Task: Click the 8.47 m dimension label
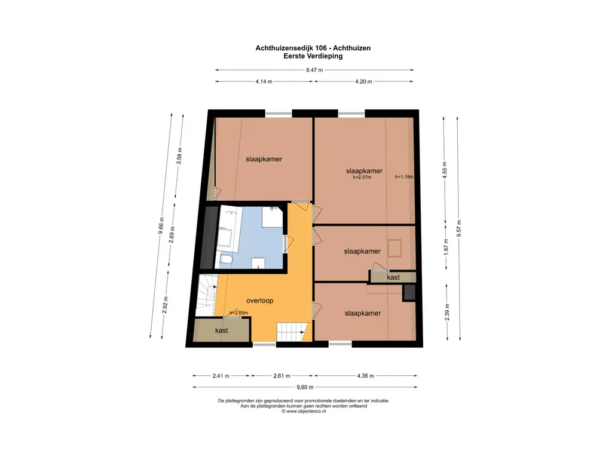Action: [x=314, y=71]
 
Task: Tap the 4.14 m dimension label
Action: [x=264, y=81]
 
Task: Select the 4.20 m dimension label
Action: [x=363, y=81]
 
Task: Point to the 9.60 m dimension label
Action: [x=305, y=387]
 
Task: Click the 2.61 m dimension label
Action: [x=281, y=376]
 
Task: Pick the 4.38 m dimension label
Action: [x=365, y=376]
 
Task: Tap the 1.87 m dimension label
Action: [x=446, y=246]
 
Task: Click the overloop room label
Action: [x=259, y=301]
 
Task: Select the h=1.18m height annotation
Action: [x=404, y=177]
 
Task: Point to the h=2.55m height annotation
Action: [x=239, y=313]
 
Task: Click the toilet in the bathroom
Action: [x=226, y=259]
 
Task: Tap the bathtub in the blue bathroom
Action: [x=229, y=228]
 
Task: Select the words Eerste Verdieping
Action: [x=313, y=56]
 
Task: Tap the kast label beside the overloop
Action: [x=222, y=330]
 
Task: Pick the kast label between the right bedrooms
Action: [x=393, y=277]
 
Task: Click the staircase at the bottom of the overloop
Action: [x=291, y=332]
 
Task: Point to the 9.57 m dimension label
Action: [x=459, y=228]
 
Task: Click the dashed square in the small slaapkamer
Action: [x=394, y=248]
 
